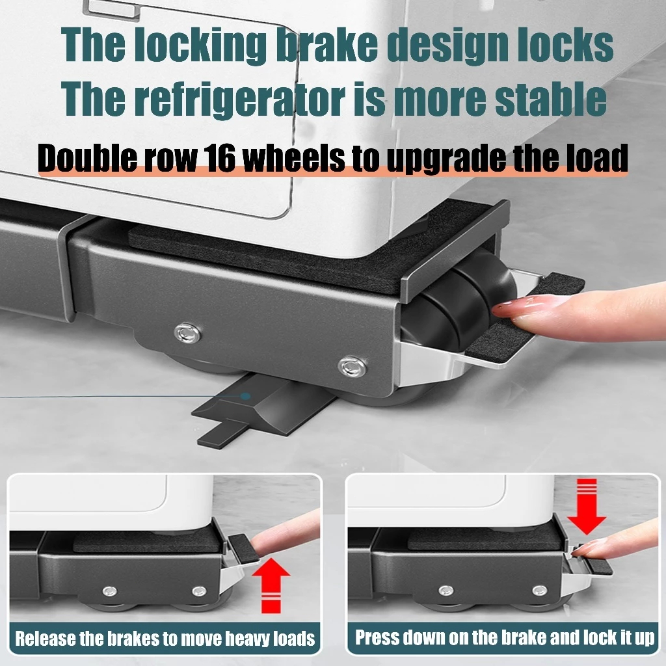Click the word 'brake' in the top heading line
[326, 45]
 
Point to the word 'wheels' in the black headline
[294, 157]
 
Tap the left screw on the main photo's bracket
[188, 332]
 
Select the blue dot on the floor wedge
[245, 396]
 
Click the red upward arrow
[271, 585]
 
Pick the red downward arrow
[587, 506]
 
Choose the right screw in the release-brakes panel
[199, 591]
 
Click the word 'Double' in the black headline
[88, 157]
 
